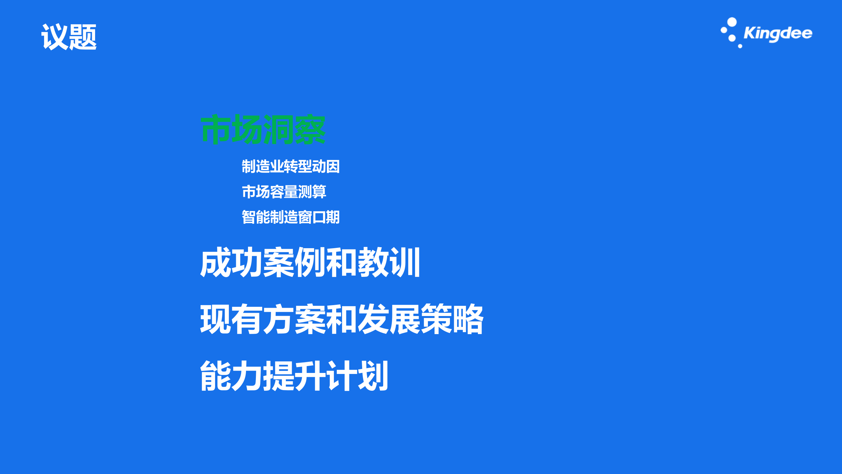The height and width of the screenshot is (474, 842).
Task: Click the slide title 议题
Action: (69, 37)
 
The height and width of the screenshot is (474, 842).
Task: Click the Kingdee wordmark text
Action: (778, 33)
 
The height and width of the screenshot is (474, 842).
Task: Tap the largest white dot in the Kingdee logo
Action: (732, 22)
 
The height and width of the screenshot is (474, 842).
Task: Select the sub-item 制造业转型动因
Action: (290, 166)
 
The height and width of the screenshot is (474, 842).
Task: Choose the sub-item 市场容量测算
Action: (284, 192)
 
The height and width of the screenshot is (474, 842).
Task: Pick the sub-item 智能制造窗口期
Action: (290, 217)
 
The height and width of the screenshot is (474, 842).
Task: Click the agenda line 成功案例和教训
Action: (310, 262)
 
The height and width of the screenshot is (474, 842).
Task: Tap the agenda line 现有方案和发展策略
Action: (341, 319)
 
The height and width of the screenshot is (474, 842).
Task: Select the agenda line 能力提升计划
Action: (294, 376)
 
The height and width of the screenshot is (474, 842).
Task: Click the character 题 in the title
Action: (83, 37)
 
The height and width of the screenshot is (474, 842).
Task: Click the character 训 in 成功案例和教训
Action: (405, 262)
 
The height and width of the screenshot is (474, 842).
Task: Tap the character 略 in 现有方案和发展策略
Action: (468, 319)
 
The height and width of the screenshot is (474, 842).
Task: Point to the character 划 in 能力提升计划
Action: (373, 376)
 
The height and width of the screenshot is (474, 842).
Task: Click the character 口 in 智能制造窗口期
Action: (319, 217)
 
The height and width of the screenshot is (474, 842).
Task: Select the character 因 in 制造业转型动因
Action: (333, 166)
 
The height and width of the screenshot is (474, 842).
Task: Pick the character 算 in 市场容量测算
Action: (319, 192)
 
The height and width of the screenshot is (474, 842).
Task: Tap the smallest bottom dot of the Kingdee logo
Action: (740, 46)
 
